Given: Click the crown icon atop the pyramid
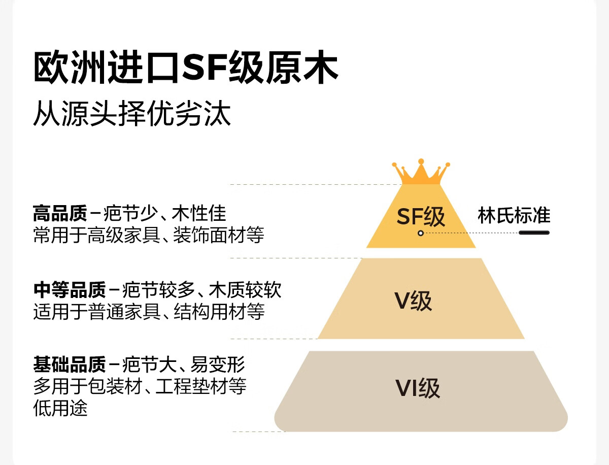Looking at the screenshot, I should (x=421, y=173).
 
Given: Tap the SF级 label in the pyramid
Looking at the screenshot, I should (x=421, y=217).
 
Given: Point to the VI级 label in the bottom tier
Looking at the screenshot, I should (x=418, y=388).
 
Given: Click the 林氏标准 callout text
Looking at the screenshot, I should (x=514, y=216).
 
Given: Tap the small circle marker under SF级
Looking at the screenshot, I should (x=421, y=233).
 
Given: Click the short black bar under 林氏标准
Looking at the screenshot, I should (x=534, y=233).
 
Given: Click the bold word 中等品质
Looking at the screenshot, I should (x=69, y=290).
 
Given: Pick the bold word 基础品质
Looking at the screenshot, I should (x=69, y=364).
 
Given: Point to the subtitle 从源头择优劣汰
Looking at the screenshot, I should (x=132, y=115).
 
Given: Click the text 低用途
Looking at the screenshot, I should (x=60, y=408).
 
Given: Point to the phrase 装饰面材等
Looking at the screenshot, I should (x=218, y=236).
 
